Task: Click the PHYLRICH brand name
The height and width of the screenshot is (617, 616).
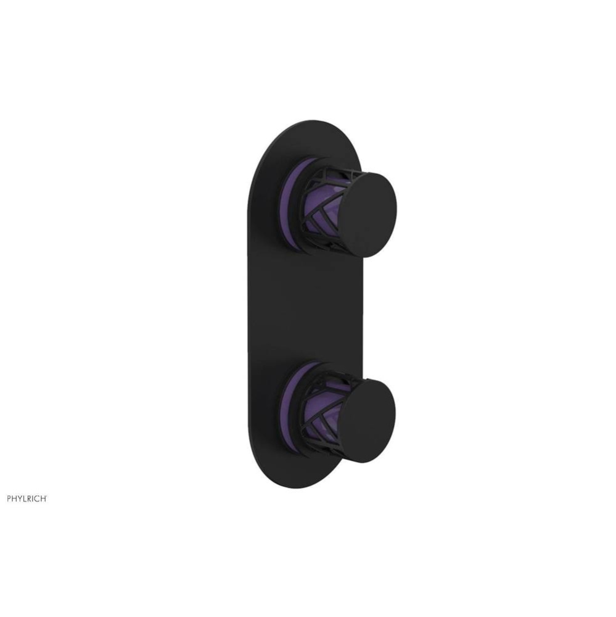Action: point(26,499)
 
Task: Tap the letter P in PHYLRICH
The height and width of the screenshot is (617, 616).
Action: point(9,499)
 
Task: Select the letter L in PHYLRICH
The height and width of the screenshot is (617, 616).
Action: point(25,499)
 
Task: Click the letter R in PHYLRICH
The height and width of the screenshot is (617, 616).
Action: point(30,499)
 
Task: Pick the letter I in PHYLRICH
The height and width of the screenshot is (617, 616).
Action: point(34,499)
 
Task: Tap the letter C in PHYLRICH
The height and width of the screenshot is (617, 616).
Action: point(38,499)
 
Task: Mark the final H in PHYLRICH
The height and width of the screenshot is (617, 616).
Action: point(43,499)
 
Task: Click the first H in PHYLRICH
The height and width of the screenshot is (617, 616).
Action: point(15,499)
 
